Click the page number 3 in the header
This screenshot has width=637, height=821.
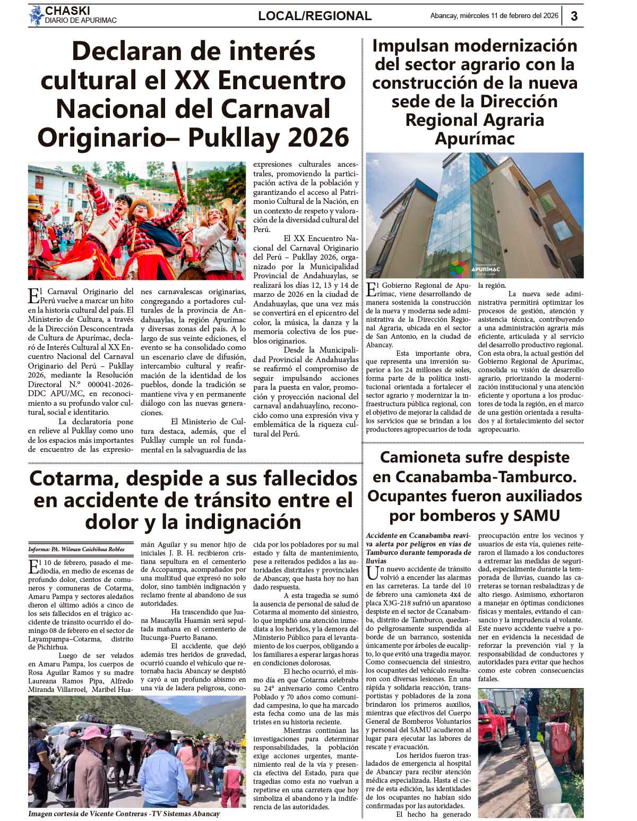tap(574, 16)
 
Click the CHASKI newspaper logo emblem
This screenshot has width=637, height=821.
tap(36, 15)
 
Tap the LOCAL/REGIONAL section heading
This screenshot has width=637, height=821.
tap(315, 16)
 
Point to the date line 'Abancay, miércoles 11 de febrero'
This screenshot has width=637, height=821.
tap(494, 16)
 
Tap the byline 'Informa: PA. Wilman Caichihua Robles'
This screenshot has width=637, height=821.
tap(76, 549)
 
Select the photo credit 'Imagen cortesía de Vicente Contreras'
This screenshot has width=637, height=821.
tap(124, 814)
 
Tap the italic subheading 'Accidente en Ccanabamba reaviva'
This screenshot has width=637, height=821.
tap(418, 536)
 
